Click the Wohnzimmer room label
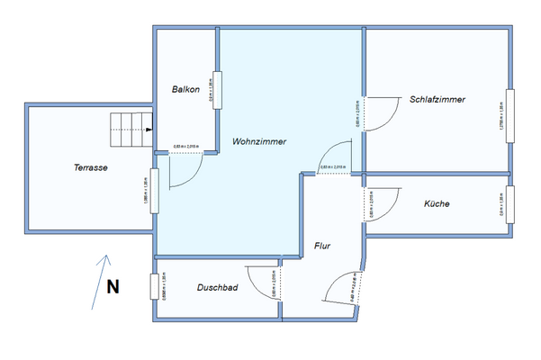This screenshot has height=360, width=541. pos(259,141)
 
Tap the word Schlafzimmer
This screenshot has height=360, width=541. pos(437,99)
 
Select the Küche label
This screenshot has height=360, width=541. pos(437,204)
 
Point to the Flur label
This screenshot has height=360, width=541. pos(324,246)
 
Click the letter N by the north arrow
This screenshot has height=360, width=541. pos(113,288)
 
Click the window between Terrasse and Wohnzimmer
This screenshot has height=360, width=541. pos(154,190)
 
